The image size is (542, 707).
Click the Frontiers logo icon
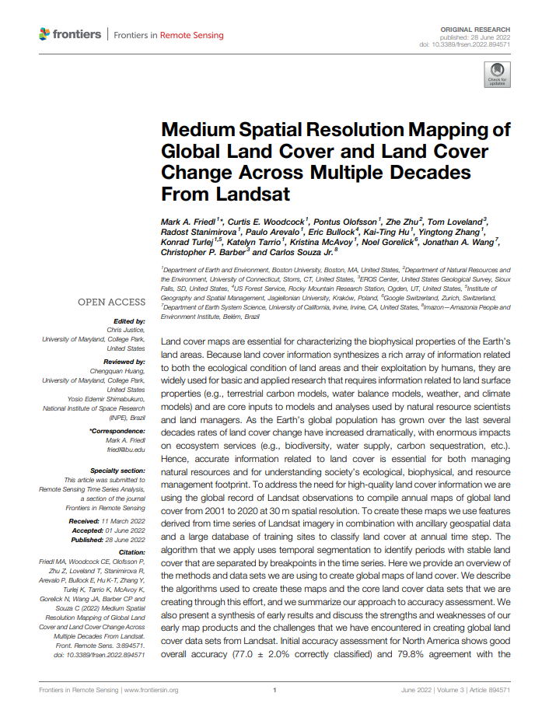[44, 34]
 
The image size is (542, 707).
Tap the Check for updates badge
[495, 75]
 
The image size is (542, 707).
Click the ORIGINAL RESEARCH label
[481, 27]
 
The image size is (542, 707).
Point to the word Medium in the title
[198, 131]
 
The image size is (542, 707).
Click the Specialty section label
[117, 471]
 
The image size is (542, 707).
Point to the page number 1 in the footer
[274, 689]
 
